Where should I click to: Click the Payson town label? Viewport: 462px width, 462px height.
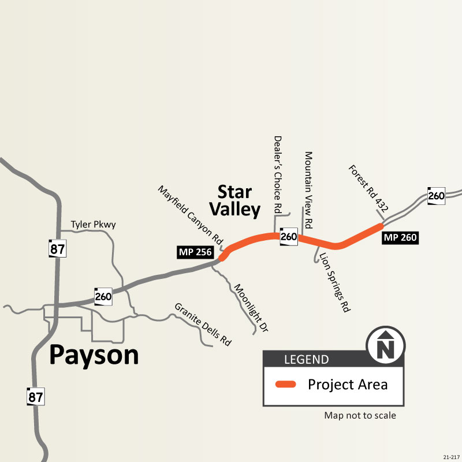(94, 355)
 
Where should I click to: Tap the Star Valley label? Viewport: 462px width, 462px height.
(234, 200)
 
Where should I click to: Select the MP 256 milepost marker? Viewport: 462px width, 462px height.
(196, 252)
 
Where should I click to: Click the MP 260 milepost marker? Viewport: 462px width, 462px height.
(400, 237)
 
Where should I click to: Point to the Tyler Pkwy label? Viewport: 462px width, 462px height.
(93, 224)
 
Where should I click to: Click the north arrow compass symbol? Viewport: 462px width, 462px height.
(386, 347)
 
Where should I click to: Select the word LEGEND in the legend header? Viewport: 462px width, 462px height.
(306, 360)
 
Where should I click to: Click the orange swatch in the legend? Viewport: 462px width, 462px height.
(285, 385)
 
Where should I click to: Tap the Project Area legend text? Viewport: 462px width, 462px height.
(348, 385)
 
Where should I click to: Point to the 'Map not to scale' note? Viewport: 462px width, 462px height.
(360, 415)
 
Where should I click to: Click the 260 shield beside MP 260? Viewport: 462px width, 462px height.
(436, 196)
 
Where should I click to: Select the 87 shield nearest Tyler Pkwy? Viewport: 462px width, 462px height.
(58, 248)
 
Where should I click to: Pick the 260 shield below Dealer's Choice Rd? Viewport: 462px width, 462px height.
(288, 236)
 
